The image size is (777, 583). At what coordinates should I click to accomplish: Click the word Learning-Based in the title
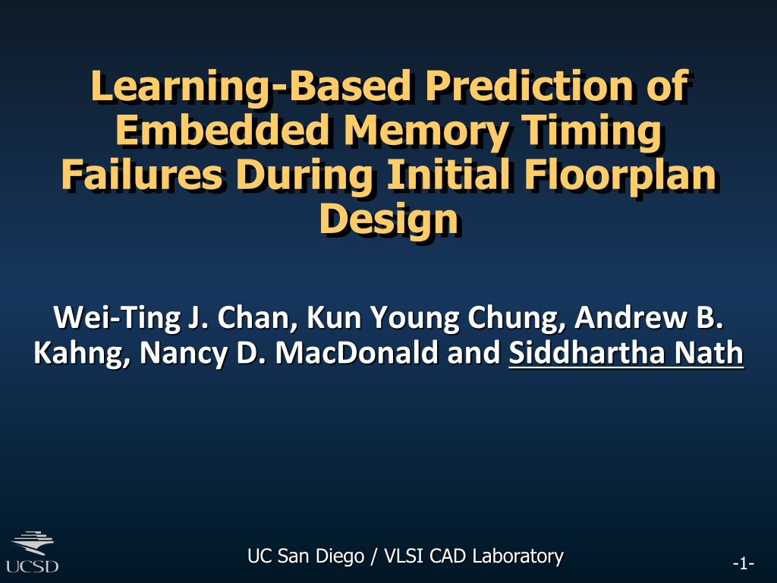(250, 87)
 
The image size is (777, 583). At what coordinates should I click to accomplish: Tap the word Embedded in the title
(222, 129)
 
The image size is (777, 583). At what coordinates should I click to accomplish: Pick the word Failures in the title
(142, 174)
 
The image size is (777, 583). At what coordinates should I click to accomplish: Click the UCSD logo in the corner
(32, 552)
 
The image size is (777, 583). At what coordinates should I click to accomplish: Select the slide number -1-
(744, 564)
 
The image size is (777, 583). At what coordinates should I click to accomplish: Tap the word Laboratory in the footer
(517, 556)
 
